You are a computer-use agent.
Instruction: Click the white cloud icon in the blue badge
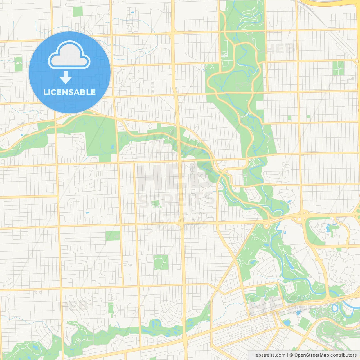pyautogui.click(x=69, y=55)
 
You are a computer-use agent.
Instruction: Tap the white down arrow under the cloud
pyautogui.click(x=66, y=77)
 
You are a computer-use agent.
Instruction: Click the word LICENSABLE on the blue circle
pyautogui.click(x=69, y=92)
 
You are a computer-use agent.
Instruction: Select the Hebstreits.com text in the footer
pyautogui.click(x=269, y=355)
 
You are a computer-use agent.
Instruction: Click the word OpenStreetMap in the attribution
pyautogui.click(x=311, y=355)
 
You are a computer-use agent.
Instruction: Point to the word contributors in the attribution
pyautogui.click(x=343, y=355)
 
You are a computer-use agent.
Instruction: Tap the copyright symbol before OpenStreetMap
pyautogui.click(x=291, y=355)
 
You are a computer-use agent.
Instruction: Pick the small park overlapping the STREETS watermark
pyautogui.click(x=156, y=204)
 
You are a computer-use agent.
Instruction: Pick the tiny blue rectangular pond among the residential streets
pyautogui.click(x=87, y=213)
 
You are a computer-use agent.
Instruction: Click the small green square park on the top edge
pyautogui.click(x=78, y=11)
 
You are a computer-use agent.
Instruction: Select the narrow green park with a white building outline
pyautogui.click(x=18, y=64)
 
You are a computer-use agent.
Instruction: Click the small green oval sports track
pyautogui.click(x=111, y=309)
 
